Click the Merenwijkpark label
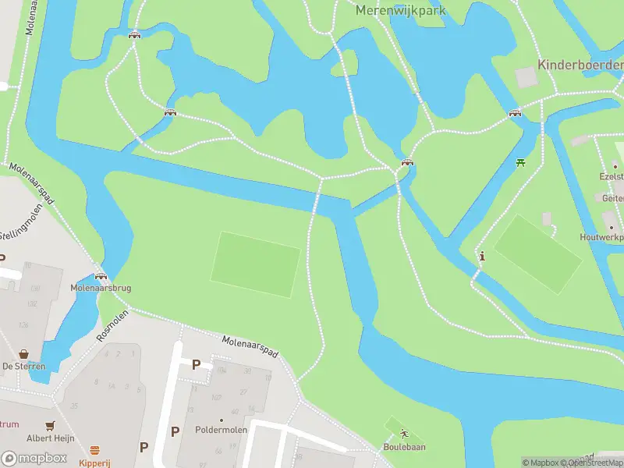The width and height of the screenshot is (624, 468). pos(400,10)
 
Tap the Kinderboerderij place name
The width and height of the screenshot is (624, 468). pos(580,65)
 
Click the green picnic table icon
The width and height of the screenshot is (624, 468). pos(521,162)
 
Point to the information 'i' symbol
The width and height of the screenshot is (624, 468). pos(482,256)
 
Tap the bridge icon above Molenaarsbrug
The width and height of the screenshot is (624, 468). pos(100,275)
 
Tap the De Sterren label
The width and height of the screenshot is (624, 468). pos(23,366)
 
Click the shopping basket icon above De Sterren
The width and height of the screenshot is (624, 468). pos(23,353)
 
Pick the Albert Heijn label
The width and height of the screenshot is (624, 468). pos(51,438)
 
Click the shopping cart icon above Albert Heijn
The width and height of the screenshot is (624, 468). pos(51,426)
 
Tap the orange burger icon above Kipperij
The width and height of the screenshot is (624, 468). pos(94,450)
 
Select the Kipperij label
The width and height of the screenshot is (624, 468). pos(94,462)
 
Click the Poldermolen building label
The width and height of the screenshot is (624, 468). pos(221,430)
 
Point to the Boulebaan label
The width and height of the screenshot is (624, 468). pos(404,447)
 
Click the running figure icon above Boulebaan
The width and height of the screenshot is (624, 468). pos(404,434)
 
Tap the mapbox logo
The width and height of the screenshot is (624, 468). pos(34,458)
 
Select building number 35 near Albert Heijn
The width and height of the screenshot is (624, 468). pos(74,406)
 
